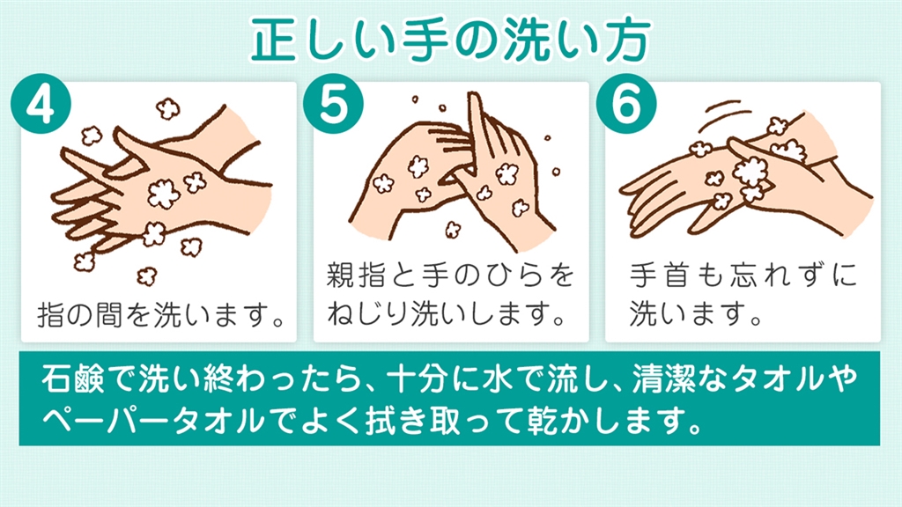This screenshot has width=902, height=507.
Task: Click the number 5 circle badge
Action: [333, 104]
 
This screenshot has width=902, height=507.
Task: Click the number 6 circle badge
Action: [626, 104]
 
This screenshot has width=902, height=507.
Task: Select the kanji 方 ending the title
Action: [627, 39]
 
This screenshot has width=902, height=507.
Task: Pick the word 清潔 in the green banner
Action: [664, 379]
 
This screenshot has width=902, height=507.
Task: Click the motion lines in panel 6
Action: [728, 112]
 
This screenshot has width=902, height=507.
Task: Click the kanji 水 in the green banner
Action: [498, 379]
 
